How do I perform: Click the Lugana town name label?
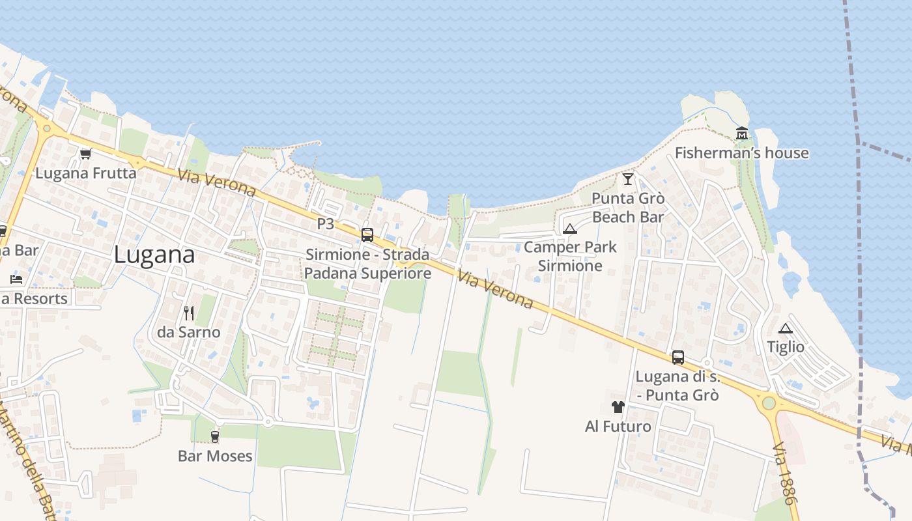(154, 255)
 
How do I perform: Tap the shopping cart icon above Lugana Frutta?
(85, 154)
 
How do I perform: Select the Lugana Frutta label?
(86, 173)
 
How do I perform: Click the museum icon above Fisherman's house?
(741, 134)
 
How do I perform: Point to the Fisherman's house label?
(741, 153)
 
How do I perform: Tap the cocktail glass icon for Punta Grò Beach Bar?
(628, 179)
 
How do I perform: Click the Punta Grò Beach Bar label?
(628, 207)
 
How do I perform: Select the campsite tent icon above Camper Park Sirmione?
(570, 229)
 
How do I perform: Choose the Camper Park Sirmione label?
(570, 256)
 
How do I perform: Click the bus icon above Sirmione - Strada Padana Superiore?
(367, 235)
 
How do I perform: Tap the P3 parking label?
(325, 224)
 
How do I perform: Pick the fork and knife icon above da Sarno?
(189, 313)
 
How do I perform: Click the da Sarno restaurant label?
(189, 332)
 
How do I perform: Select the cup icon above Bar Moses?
(215, 436)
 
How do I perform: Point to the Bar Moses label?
(215, 456)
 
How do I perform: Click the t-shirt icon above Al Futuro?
(618, 408)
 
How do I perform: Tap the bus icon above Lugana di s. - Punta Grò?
(678, 357)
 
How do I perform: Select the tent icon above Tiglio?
(786, 328)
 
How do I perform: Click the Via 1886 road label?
(784, 473)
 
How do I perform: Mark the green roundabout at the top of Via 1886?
(769, 402)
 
